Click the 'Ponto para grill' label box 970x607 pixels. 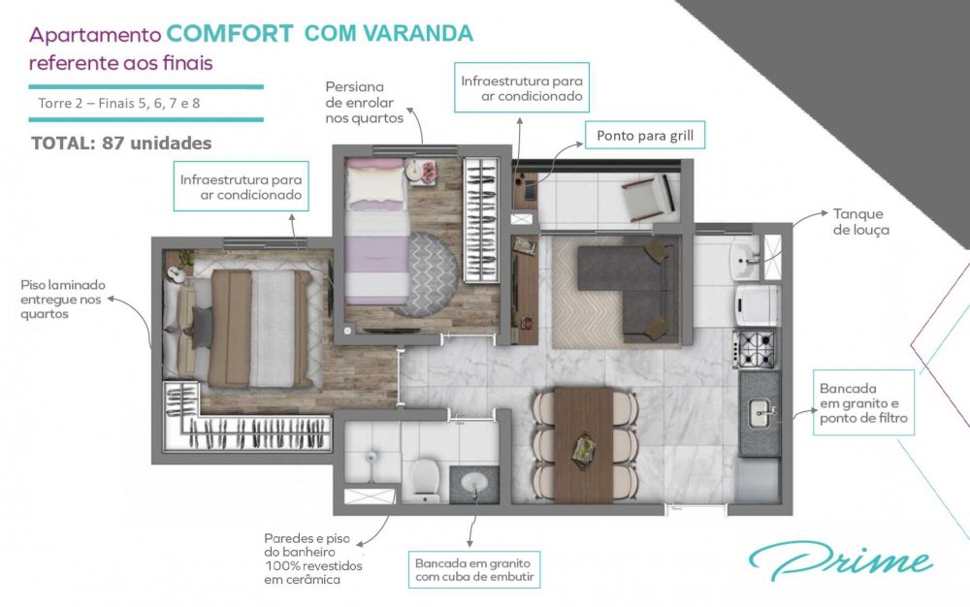pyautogui.click(x=645, y=136)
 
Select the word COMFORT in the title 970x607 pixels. pyautogui.click(x=230, y=33)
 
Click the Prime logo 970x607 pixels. pyautogui.click(x=841, y=561)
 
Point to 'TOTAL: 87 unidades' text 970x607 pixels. pyautogui.click(x=121, y=144)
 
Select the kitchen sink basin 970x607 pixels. pyautogui.click(x=760, y=413)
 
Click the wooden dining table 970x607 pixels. pyautogui.click(x=583, y=445)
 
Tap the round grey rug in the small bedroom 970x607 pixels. pyautogui.click(x=425, y=273)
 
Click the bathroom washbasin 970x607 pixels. pyautogui.click(x=474, y=482)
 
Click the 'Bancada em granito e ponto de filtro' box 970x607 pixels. pyautogui.click(x=863, y=402)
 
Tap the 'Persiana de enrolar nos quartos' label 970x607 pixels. pyautogui.click(x=365, y=103)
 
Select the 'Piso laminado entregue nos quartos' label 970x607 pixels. pyautogui.click(x=63, y=300)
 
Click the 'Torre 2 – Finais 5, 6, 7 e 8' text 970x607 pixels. pyautogui.click(x=119, y=103)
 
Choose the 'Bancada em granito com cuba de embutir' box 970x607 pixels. pyautogui.click(x=474, y=570)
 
